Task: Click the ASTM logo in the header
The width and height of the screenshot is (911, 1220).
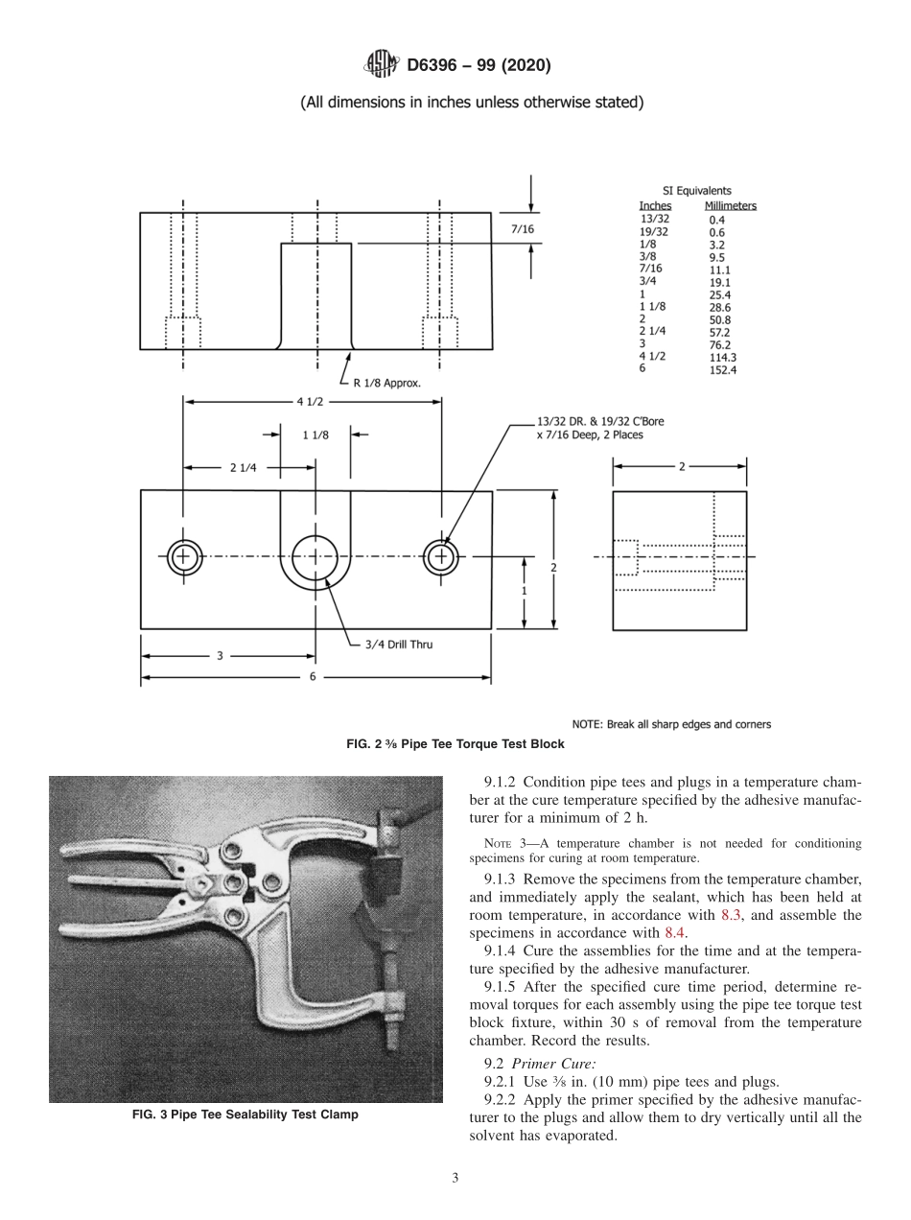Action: (x=382, y=65)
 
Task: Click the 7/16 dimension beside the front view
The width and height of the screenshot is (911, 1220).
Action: (x=523, y=229)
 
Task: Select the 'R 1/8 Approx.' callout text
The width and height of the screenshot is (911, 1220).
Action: (x=386, y=382)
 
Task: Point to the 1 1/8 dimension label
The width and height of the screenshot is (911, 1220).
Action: (x=315, y=434)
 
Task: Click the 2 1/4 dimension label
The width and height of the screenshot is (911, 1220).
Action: (x=244, y=468)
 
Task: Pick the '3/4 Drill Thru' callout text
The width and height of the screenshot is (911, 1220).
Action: (x=398, y=645)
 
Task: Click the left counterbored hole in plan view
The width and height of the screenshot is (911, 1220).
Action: (x=184, y=556)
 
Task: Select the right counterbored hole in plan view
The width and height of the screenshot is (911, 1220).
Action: (x=441, y=556)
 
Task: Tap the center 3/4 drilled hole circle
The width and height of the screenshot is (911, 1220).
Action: (x=315, y=557)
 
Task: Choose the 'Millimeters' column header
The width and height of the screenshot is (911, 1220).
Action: (x=730, y=206)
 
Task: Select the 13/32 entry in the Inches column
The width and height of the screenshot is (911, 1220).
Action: (x=654, y=219)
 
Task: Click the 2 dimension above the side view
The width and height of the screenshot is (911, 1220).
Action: (x=681, y=467)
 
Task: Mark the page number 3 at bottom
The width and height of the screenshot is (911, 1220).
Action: (x=455, y=1178)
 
